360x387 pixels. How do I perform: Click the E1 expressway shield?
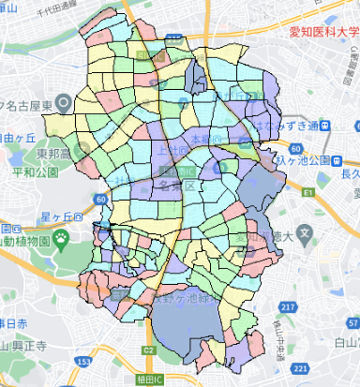tap(308, 191)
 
